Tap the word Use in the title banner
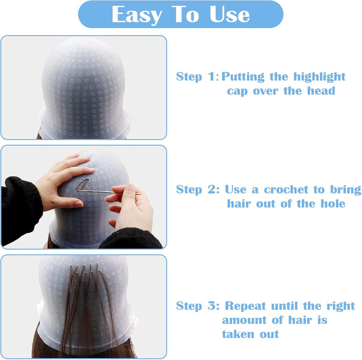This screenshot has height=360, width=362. pos(230,15)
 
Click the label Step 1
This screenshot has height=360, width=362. pos(196,77)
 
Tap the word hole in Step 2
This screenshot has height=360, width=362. pos(332,204)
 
